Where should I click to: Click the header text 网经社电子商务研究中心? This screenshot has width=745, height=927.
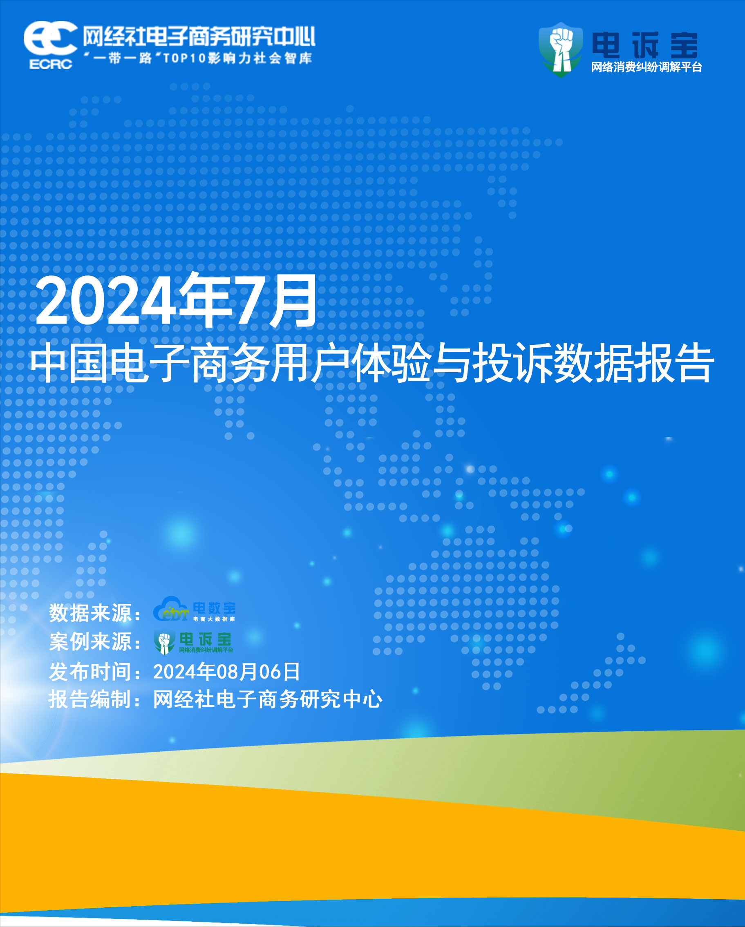[199, 36]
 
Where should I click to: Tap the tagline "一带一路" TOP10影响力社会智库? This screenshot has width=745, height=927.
[198, 58]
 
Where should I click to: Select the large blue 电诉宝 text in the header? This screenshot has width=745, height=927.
[645, 45]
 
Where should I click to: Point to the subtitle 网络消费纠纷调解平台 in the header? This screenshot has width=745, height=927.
[647, 67]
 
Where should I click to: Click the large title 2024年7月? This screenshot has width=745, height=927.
[177, 301]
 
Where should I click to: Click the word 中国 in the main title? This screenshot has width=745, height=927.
[69, 363]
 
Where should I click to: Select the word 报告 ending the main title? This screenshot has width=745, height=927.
[674, 363]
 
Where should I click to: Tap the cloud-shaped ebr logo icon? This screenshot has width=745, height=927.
[171, 609]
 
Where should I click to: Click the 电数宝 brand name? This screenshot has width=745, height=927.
[214, 608]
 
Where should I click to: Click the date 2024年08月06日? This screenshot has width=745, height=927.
[226, 672]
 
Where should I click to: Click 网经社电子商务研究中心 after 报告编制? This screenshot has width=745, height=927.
[268, 699]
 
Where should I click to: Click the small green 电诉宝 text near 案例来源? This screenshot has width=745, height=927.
[205, 639]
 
